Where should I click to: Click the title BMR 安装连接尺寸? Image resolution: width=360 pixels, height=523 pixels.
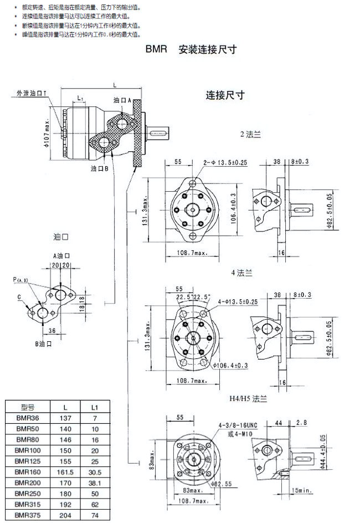point(191,49)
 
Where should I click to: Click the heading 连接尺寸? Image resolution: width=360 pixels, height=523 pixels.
point(225,95)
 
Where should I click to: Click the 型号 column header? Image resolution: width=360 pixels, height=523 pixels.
point(28,407)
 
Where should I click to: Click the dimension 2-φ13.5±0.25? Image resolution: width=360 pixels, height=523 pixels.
point(225,163)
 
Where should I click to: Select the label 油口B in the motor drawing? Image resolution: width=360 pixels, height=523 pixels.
point(99,167)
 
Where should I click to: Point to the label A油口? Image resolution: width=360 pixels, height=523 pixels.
point(61,256)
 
